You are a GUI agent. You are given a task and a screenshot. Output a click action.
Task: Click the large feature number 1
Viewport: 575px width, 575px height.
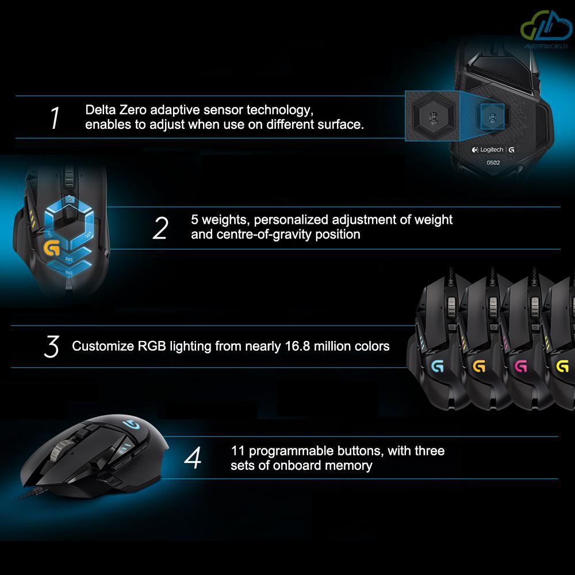(55, 118)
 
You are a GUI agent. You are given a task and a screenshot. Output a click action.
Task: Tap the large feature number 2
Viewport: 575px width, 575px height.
(160, 228)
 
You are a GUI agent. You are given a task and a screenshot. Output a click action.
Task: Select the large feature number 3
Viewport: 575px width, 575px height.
(51, 346)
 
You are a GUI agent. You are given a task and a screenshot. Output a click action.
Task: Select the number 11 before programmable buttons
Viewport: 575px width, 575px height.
(238, 451)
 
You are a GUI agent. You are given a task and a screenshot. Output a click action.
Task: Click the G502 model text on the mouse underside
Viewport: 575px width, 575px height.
(493, 163)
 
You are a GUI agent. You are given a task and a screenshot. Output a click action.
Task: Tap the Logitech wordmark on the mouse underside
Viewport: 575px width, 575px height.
(492, 149)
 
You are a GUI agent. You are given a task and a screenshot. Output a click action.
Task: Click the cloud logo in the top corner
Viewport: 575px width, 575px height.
(546, 26)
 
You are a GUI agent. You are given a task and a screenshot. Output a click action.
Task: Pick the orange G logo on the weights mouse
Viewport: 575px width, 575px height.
(51, 248)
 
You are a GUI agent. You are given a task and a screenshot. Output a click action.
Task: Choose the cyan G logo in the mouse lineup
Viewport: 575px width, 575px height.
(438, 366)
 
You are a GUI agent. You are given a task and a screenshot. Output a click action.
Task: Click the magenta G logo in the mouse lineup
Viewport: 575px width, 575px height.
(521, 366)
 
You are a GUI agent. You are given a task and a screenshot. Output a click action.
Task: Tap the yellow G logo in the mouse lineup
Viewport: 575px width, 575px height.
(562, 366)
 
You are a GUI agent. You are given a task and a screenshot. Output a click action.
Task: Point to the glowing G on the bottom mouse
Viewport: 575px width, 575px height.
(131, 425)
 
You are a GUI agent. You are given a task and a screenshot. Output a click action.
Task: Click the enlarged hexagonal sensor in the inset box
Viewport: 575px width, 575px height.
(434, 117)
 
